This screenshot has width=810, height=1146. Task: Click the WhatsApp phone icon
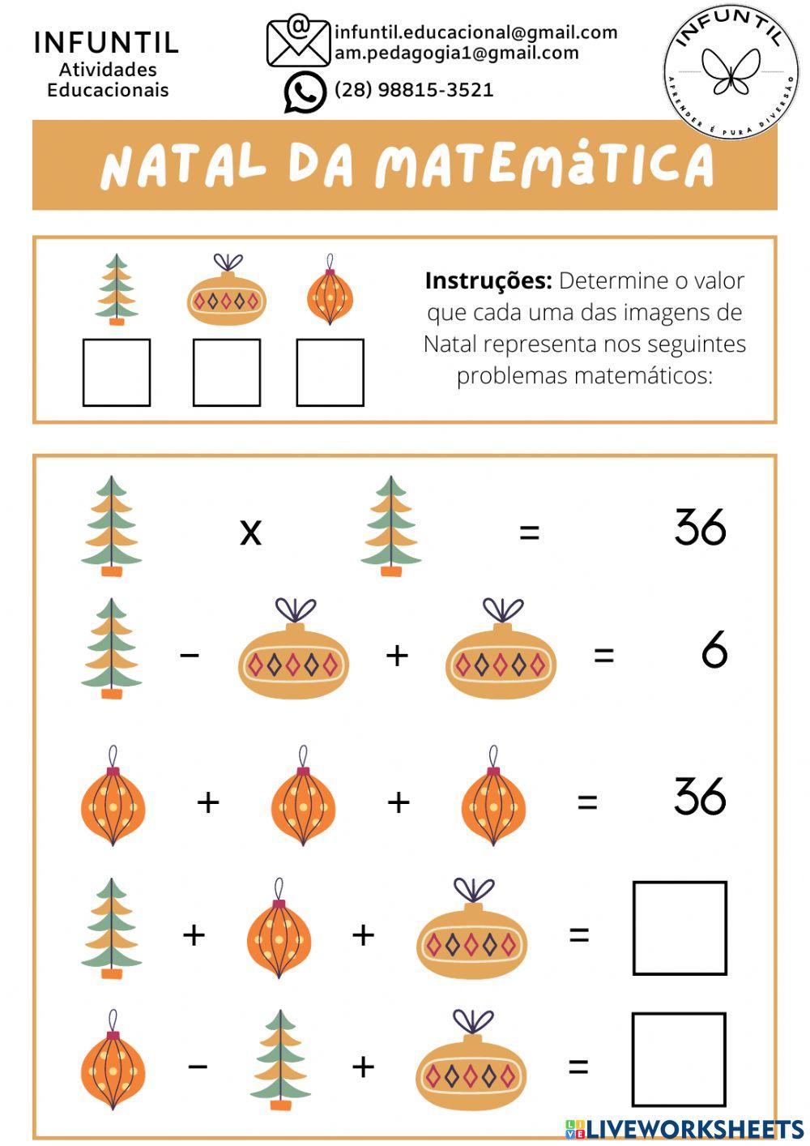click(x=305, y=92)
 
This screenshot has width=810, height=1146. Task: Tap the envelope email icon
click(x=298, y=41)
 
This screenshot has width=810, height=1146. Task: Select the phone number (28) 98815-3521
click(x=414, y=90)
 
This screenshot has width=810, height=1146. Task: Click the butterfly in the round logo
click(x=731, y=71)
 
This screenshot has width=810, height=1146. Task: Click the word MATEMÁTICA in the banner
click(x=544, y=165)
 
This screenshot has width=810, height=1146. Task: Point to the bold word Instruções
click(x=488, y=281)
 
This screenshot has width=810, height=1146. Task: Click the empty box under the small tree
click(x=117, y=373)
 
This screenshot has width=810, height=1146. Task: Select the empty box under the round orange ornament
click(x=330, y=373)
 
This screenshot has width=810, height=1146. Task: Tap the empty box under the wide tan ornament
click(x=227, y=373)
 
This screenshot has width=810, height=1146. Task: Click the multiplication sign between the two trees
click(x=251, y=532)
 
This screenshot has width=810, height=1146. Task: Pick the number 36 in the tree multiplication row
click(x=701, y=528)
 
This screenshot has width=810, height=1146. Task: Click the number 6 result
click(x=714, y=651)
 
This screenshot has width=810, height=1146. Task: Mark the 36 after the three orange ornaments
click(x=701, y=797)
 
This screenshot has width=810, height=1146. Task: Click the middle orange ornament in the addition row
click(x=303, y=798)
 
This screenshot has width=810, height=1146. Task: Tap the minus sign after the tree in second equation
click(x=190, y=654)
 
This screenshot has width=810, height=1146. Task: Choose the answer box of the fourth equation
click(x=680, y=928)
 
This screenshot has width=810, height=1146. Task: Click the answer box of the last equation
click(x=679, y=1059)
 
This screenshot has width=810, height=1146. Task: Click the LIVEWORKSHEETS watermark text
click(x=694, y=1130)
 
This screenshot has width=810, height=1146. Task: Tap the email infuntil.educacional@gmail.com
click(x=475, y=32)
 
